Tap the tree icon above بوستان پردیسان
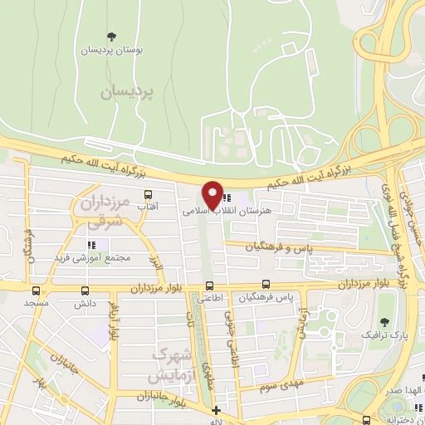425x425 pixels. pyautogui.click(x=111, y=36)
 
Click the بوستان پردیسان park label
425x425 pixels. pyautogui.click(x=111, y=51)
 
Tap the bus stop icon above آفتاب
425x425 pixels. pyautogui.click(x=148, y=195)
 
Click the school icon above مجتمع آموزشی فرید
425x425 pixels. pyautogui.click(x=92, y=245)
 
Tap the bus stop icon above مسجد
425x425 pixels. pyautogui.click(x=36, y=291)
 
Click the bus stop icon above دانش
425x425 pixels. pyautogui.click(x=85, y=291)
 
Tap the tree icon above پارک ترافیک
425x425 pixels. pyautogui.click(x=383, y=322)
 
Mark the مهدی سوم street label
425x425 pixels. pyautogui.click(x=268, y=387)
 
